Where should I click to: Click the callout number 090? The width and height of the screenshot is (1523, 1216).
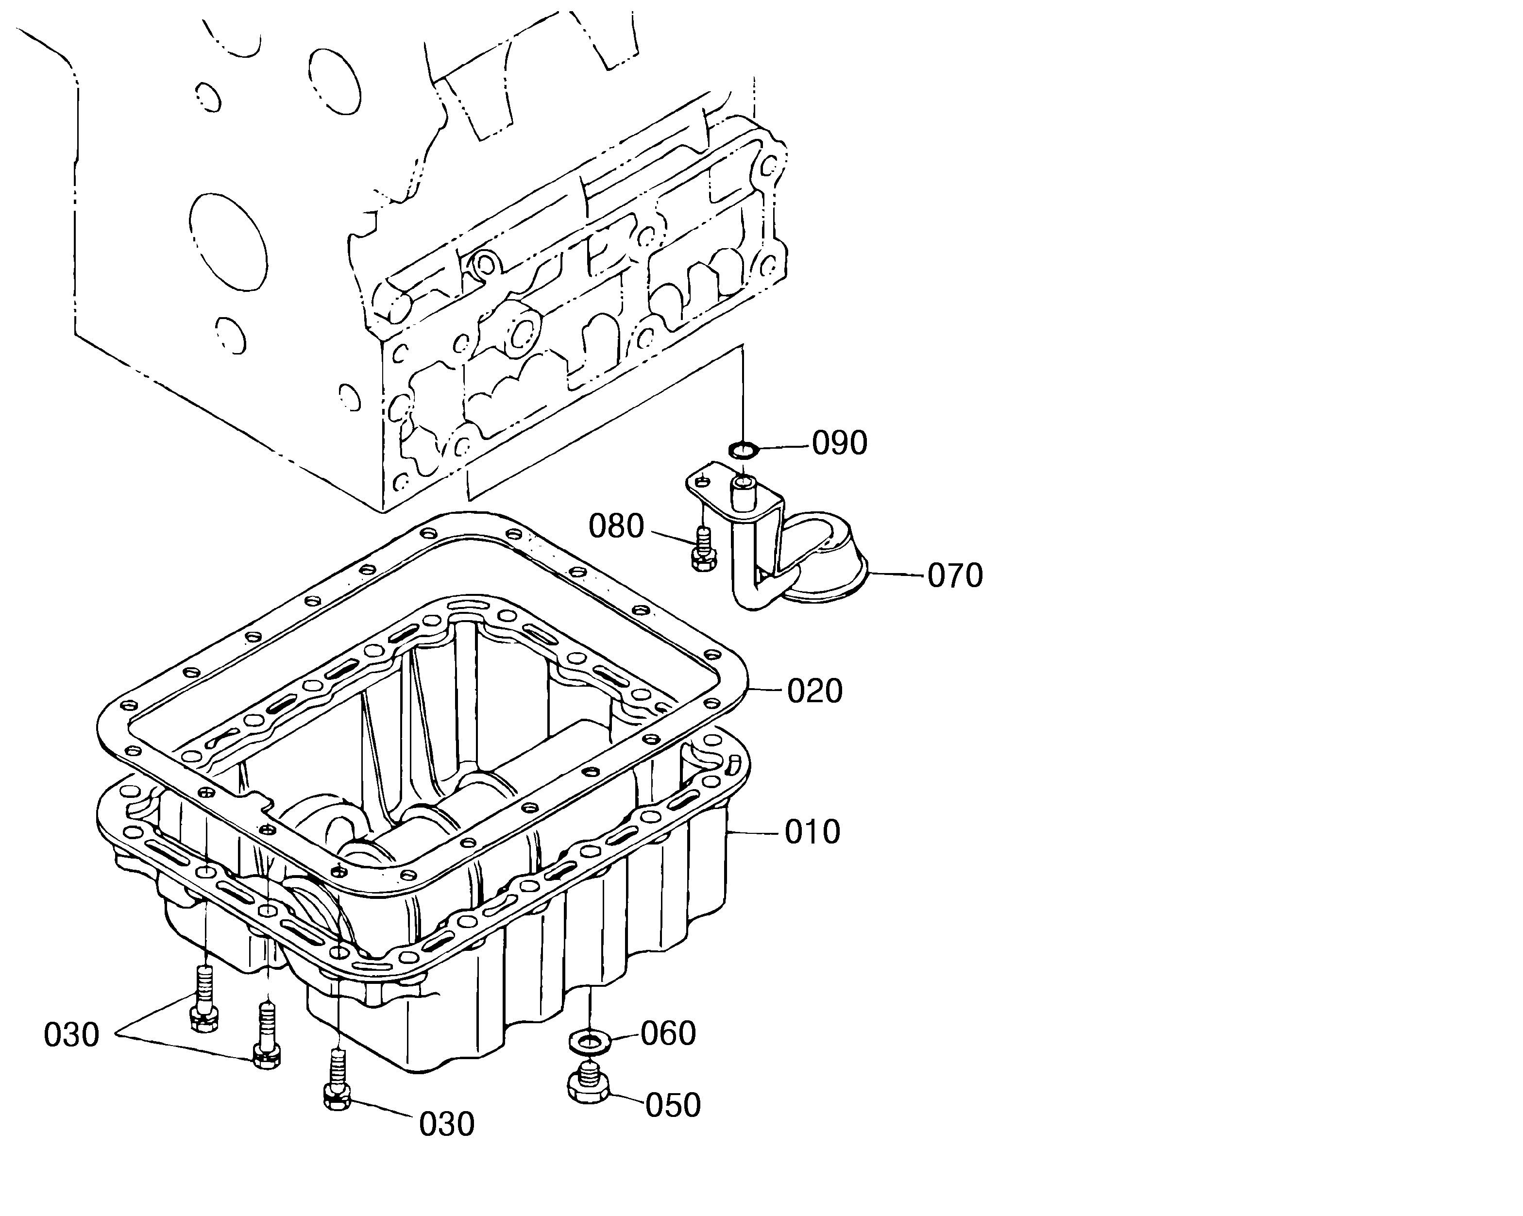(839, 443)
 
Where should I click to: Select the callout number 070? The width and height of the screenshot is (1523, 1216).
(955, 576)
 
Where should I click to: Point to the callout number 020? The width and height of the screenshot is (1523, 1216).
(815, 692)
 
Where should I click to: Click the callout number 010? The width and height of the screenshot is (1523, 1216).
(812, 832)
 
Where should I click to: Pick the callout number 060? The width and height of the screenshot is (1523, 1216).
(668, 1034)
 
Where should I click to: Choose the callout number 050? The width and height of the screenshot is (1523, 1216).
(673, 1106)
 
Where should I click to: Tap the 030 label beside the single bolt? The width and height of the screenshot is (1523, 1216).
(446, 1124)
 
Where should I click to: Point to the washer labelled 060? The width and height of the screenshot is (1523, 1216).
(586, 1040)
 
